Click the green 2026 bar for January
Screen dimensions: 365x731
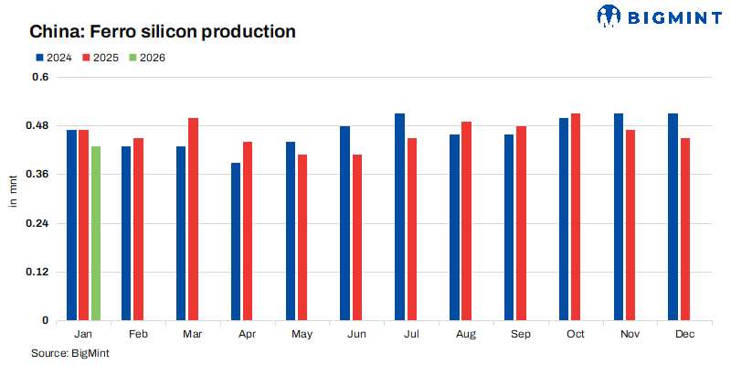pos(95,233)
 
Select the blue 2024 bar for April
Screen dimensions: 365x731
pos(236,242)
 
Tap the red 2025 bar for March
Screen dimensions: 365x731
pos(193,220)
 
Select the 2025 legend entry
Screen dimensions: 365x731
pos(101,58)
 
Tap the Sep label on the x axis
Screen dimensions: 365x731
pos(521,335)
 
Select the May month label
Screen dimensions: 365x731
pos(302,335)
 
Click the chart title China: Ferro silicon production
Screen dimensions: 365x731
pos(163,32)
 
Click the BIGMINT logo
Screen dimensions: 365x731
pos(656,15)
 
